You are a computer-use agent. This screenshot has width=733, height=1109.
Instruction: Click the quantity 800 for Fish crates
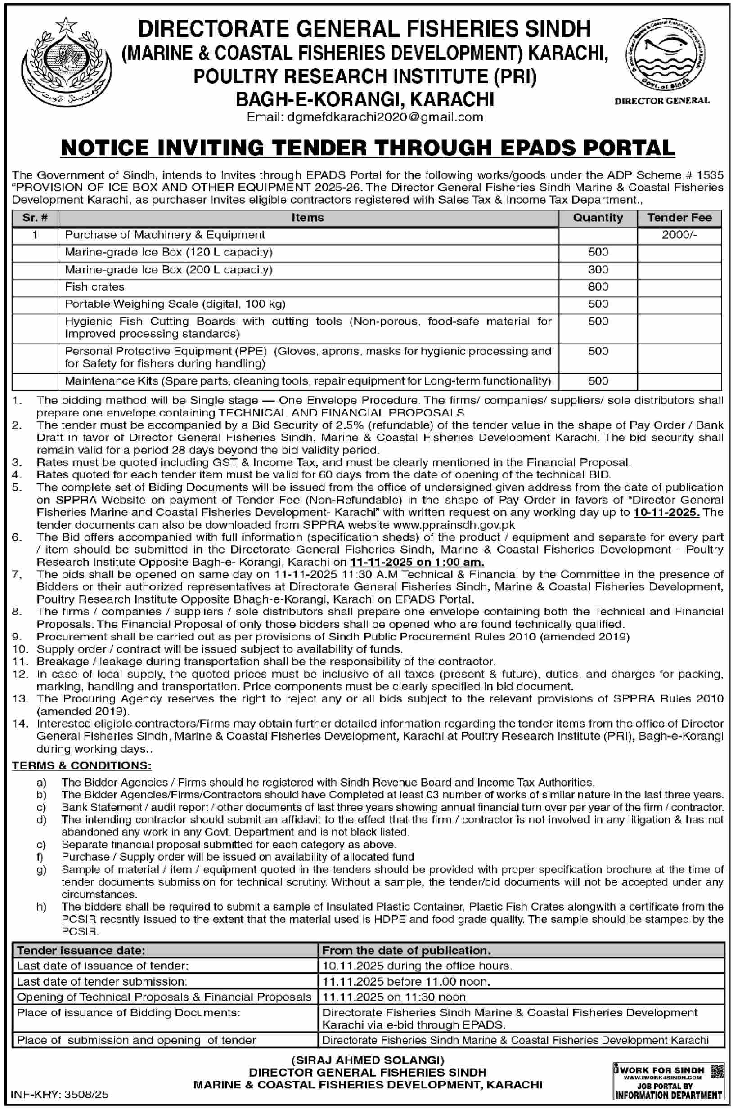[598, 287]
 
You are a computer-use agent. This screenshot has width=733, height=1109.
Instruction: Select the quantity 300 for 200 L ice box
[598, 269]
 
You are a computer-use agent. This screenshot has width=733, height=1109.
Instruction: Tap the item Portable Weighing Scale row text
[175, 304]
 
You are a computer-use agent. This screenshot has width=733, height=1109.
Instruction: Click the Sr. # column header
[35, 217]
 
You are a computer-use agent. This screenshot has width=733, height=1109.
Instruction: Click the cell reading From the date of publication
[406, 950]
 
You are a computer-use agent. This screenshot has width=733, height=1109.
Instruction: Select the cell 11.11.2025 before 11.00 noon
[406, 981]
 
